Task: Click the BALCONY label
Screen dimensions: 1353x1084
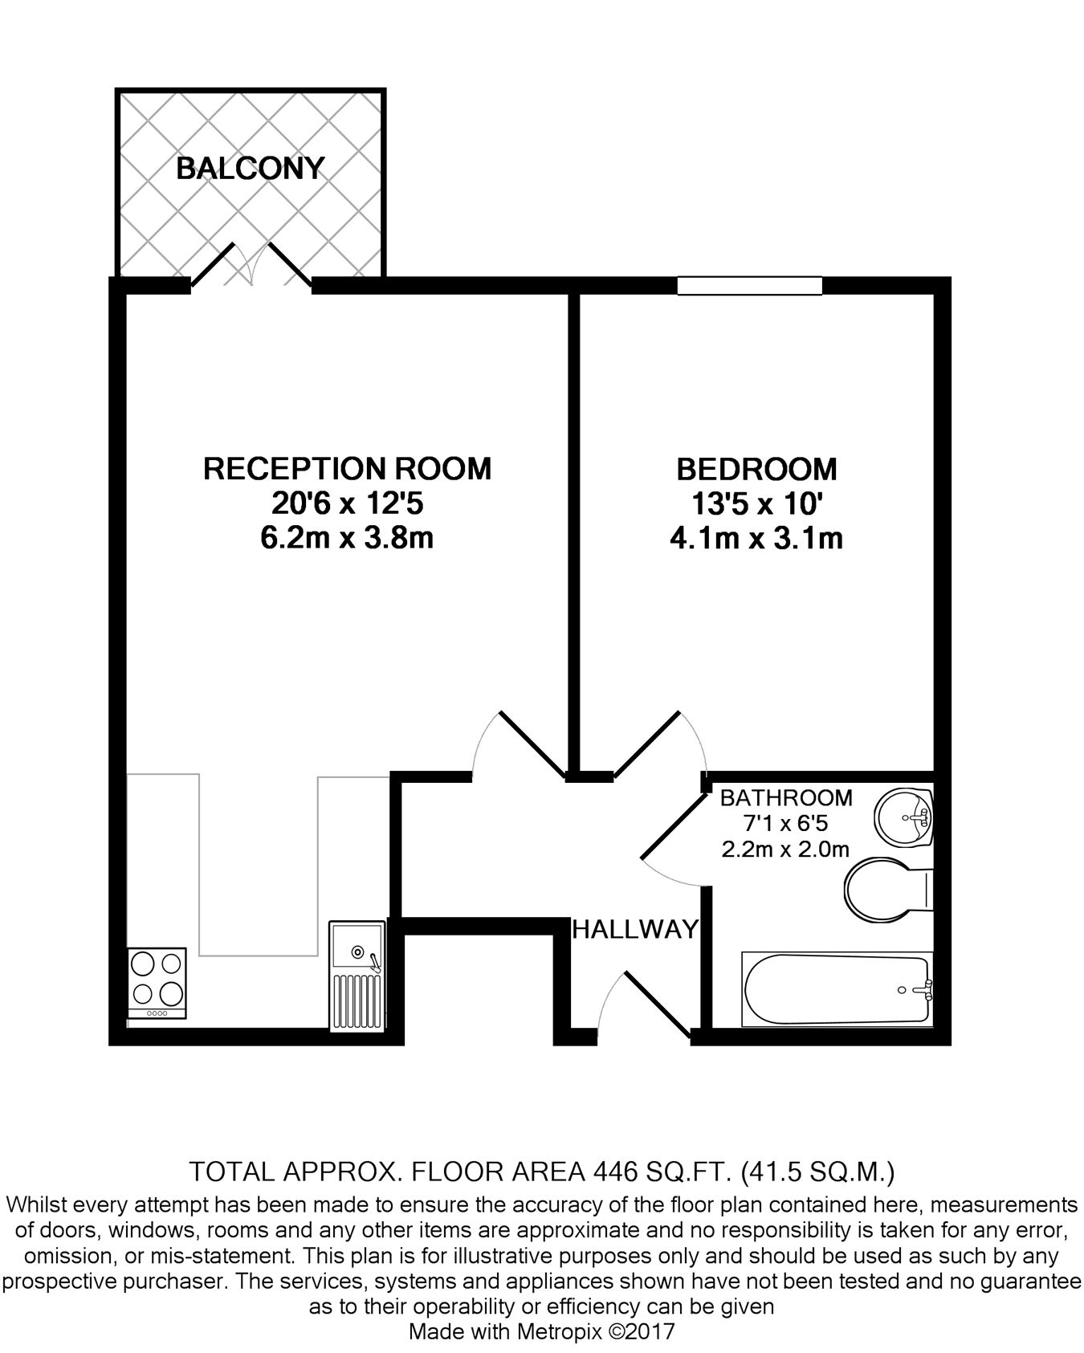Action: [x=250, y=169]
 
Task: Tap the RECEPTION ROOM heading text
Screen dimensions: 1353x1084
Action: [x=347, y=468]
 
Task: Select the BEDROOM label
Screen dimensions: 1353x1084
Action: [x=756, y=468]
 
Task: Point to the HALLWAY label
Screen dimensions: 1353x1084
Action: [x=635, y=929]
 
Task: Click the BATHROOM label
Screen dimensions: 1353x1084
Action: [x=786, y=797]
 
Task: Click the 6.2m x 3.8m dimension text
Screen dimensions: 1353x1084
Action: [x=347, y=538]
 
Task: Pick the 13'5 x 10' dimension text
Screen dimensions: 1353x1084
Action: [x=756, y=503]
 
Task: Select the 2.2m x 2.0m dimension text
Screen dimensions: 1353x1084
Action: [x=786, y=849]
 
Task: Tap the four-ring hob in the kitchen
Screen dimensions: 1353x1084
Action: [x=157, y=983]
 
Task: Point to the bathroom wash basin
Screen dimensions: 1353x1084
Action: [x=905, y=817]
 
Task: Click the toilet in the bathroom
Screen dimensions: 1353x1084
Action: [x=887, y=891]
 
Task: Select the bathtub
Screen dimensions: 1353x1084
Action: [x=837, y=989]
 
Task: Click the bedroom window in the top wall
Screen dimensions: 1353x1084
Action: [x=750, y=286]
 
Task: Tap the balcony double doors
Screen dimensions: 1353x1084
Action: [x=251, y=265]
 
